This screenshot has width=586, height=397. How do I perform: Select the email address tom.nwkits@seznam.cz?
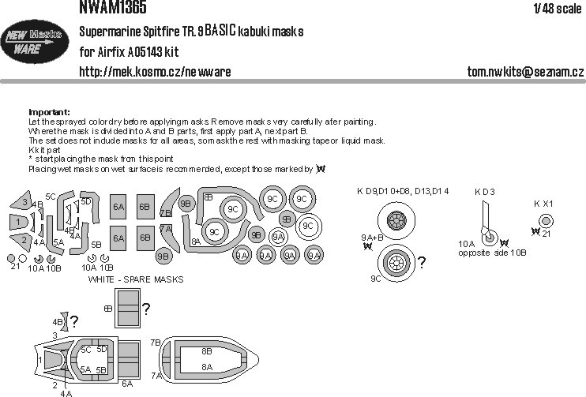click(524, 73)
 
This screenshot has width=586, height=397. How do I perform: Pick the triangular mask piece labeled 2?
click(23, 240)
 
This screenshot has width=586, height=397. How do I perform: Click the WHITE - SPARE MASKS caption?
click(136, 279)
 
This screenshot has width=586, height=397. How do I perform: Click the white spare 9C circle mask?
click(309, 226)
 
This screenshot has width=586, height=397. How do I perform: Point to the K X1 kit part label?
click(543, 203)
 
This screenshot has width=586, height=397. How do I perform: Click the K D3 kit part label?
click(484, 192)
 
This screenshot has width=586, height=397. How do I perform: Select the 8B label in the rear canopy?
click(206, 350)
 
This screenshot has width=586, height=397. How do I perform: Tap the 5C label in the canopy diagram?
click(86, 349)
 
